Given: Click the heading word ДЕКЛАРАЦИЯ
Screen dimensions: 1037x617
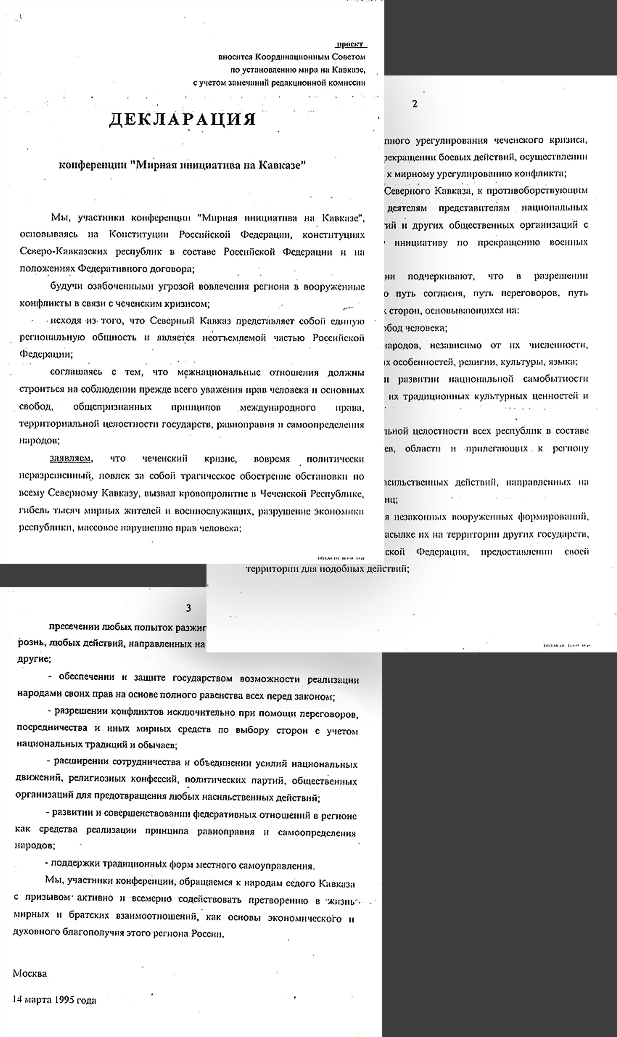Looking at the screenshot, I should point(182,119).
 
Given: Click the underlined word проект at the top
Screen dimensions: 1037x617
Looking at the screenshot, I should point(350,45).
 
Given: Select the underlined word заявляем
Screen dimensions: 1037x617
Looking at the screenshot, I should point(70,458).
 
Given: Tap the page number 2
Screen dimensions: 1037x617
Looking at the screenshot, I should point(414,104).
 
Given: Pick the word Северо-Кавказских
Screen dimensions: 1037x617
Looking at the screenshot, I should point(64,252).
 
